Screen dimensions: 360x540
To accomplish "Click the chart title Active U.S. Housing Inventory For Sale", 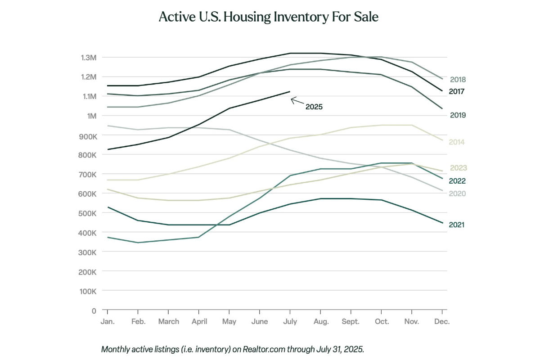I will click(269, 18).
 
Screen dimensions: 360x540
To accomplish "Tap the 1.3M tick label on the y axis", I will click(89, 58).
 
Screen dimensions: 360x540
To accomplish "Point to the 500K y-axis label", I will click(89, 213).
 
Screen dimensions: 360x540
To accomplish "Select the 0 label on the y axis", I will click(94, 310).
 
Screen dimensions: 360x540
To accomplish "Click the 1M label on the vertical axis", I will click(92, 116).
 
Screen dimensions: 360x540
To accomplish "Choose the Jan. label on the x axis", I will click(108, 322).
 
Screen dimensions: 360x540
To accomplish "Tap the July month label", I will click(290, 322).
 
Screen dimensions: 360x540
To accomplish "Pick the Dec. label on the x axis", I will click(442, 322).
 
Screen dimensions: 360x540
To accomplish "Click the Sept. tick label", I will click(351, 322).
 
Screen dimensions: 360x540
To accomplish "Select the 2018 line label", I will click(458, 80).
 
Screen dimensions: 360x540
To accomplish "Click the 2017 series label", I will click(457, 91).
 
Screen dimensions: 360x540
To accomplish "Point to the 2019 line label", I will click(458, 115).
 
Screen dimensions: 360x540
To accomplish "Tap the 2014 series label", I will click(457, 142).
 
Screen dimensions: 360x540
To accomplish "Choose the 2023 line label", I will click(459, 168).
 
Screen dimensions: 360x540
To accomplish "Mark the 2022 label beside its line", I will click(457, 181).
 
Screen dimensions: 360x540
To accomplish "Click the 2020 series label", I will click(458, 193).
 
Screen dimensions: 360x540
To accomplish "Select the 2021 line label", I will click(457, 225).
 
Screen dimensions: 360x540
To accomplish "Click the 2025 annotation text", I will click(314, 107).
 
